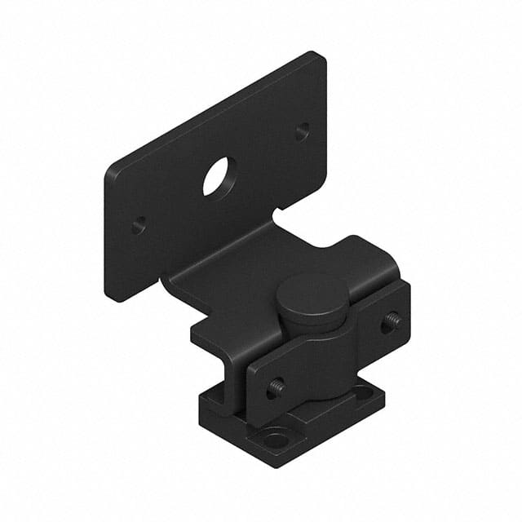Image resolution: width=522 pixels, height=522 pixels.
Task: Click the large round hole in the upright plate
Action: (x=218, y=176)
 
